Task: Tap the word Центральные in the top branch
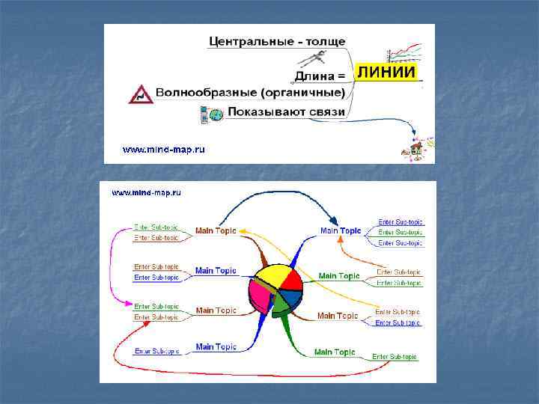251,41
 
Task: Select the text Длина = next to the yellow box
320,76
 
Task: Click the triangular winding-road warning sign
139,94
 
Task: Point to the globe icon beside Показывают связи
216,114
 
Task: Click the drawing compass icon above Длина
314,58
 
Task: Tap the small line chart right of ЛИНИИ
404,53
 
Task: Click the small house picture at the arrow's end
415,149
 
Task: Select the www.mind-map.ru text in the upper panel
164,150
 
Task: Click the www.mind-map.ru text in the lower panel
146,192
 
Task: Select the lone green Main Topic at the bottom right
334,352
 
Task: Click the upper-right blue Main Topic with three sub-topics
341,230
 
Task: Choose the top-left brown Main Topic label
216,230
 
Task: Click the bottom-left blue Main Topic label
216,346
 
